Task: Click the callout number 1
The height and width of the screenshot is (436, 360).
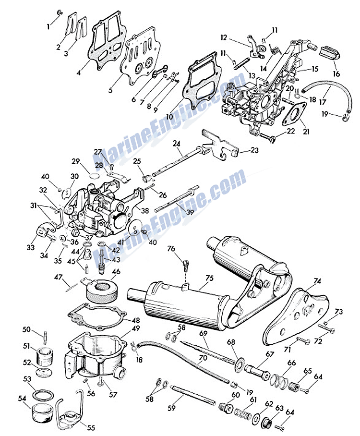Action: [x=48, y=27]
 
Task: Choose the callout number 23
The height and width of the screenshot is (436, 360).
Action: [x=255, y=150]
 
